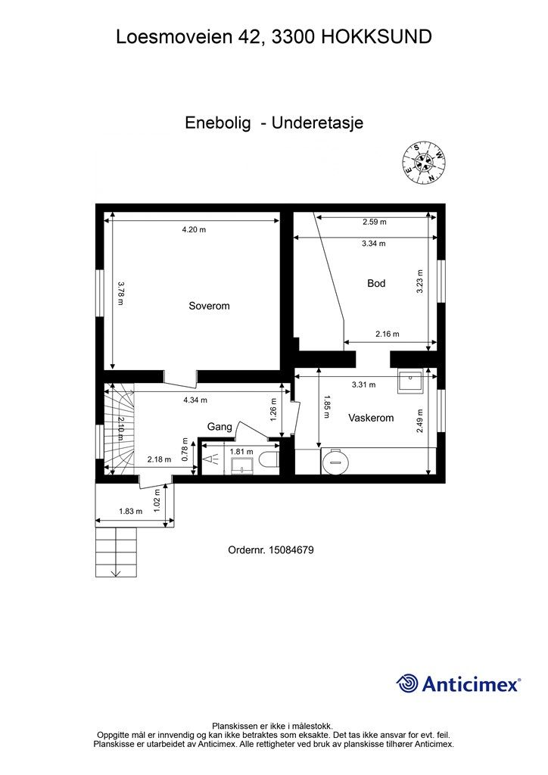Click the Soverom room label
(209, 306)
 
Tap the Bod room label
(376, 283)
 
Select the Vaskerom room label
(371, 418)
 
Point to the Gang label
(220, 427)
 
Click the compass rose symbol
(423, 162)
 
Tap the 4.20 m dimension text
(195, 229)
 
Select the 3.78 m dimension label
(120, 293)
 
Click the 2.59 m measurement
(375, 222)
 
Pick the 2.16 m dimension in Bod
(388, 334)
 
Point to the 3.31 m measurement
(363, 384)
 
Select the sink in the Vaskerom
(411, 382)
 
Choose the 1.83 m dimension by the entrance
(130, 512)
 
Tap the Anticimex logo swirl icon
(407, 683)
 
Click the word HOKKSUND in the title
(377, 36)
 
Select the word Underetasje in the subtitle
(317, 123)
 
